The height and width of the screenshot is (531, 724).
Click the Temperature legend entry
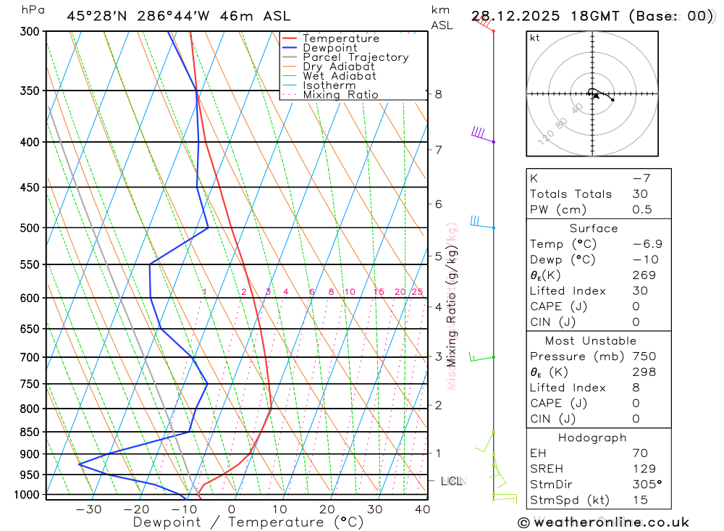coord(340,38)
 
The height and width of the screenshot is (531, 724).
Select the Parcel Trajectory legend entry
coord(355,57)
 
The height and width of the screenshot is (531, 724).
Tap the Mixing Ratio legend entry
coord(340,95)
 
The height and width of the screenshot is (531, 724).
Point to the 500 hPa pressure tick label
coord(30,228)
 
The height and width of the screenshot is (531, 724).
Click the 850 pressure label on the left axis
coord(30,432)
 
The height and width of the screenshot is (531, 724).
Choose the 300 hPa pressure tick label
coord(30,32)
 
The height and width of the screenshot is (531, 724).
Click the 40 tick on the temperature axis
coord(422,509)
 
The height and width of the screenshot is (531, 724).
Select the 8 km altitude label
coord(439,94)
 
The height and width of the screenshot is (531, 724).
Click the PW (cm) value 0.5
coord(642,209)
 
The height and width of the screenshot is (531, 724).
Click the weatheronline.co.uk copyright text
coord(603,522)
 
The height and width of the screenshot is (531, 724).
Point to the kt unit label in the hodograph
coord(535,38)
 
